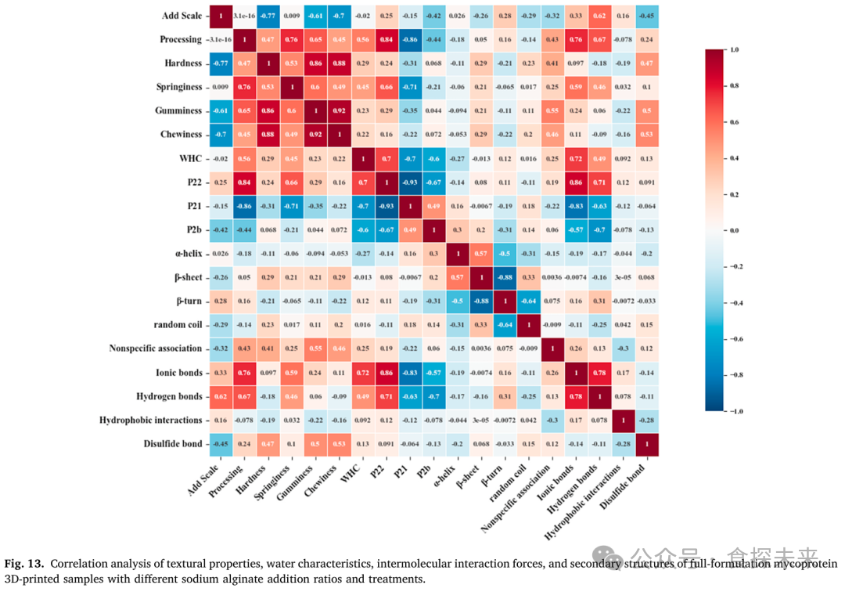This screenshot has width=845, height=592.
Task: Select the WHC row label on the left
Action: click(190, 158)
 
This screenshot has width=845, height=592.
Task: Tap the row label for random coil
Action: click(174, 324)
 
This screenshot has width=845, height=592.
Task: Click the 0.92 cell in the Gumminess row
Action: click(340, 111)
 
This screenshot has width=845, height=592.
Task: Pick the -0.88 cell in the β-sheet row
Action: click(505, 277)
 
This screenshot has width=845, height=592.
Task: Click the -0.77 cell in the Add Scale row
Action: click(270, 16)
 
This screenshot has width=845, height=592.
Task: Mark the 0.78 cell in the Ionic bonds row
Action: click(599, 372)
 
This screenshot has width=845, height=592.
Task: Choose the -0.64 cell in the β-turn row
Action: click(528, 301)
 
